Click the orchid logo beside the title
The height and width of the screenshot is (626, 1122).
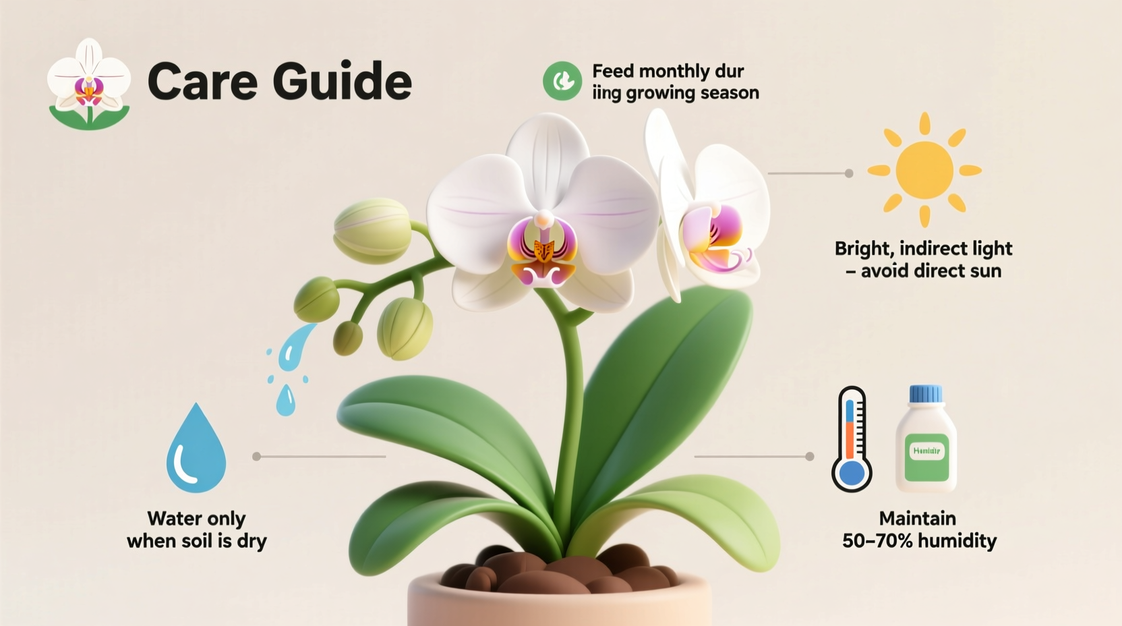(x=89, y=84)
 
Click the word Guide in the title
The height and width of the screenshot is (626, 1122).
(x=342, y=81)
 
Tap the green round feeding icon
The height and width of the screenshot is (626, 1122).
(x=562, y=81)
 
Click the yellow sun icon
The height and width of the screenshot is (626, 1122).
(x=924, y=170)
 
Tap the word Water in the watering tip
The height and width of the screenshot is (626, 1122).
(x=173, y=518)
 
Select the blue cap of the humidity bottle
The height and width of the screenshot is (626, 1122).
(x=926, y=394)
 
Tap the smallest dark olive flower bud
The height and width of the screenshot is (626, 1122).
(x=347, y=337)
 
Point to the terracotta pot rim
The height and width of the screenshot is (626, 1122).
(x=560, y=594)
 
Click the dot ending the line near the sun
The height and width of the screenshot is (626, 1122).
(x=849, y=173)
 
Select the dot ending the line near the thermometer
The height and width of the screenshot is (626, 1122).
(x=810, y=457)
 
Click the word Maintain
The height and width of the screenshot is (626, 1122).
(x=917, y=518)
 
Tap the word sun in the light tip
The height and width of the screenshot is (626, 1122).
(x=985, y=271)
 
